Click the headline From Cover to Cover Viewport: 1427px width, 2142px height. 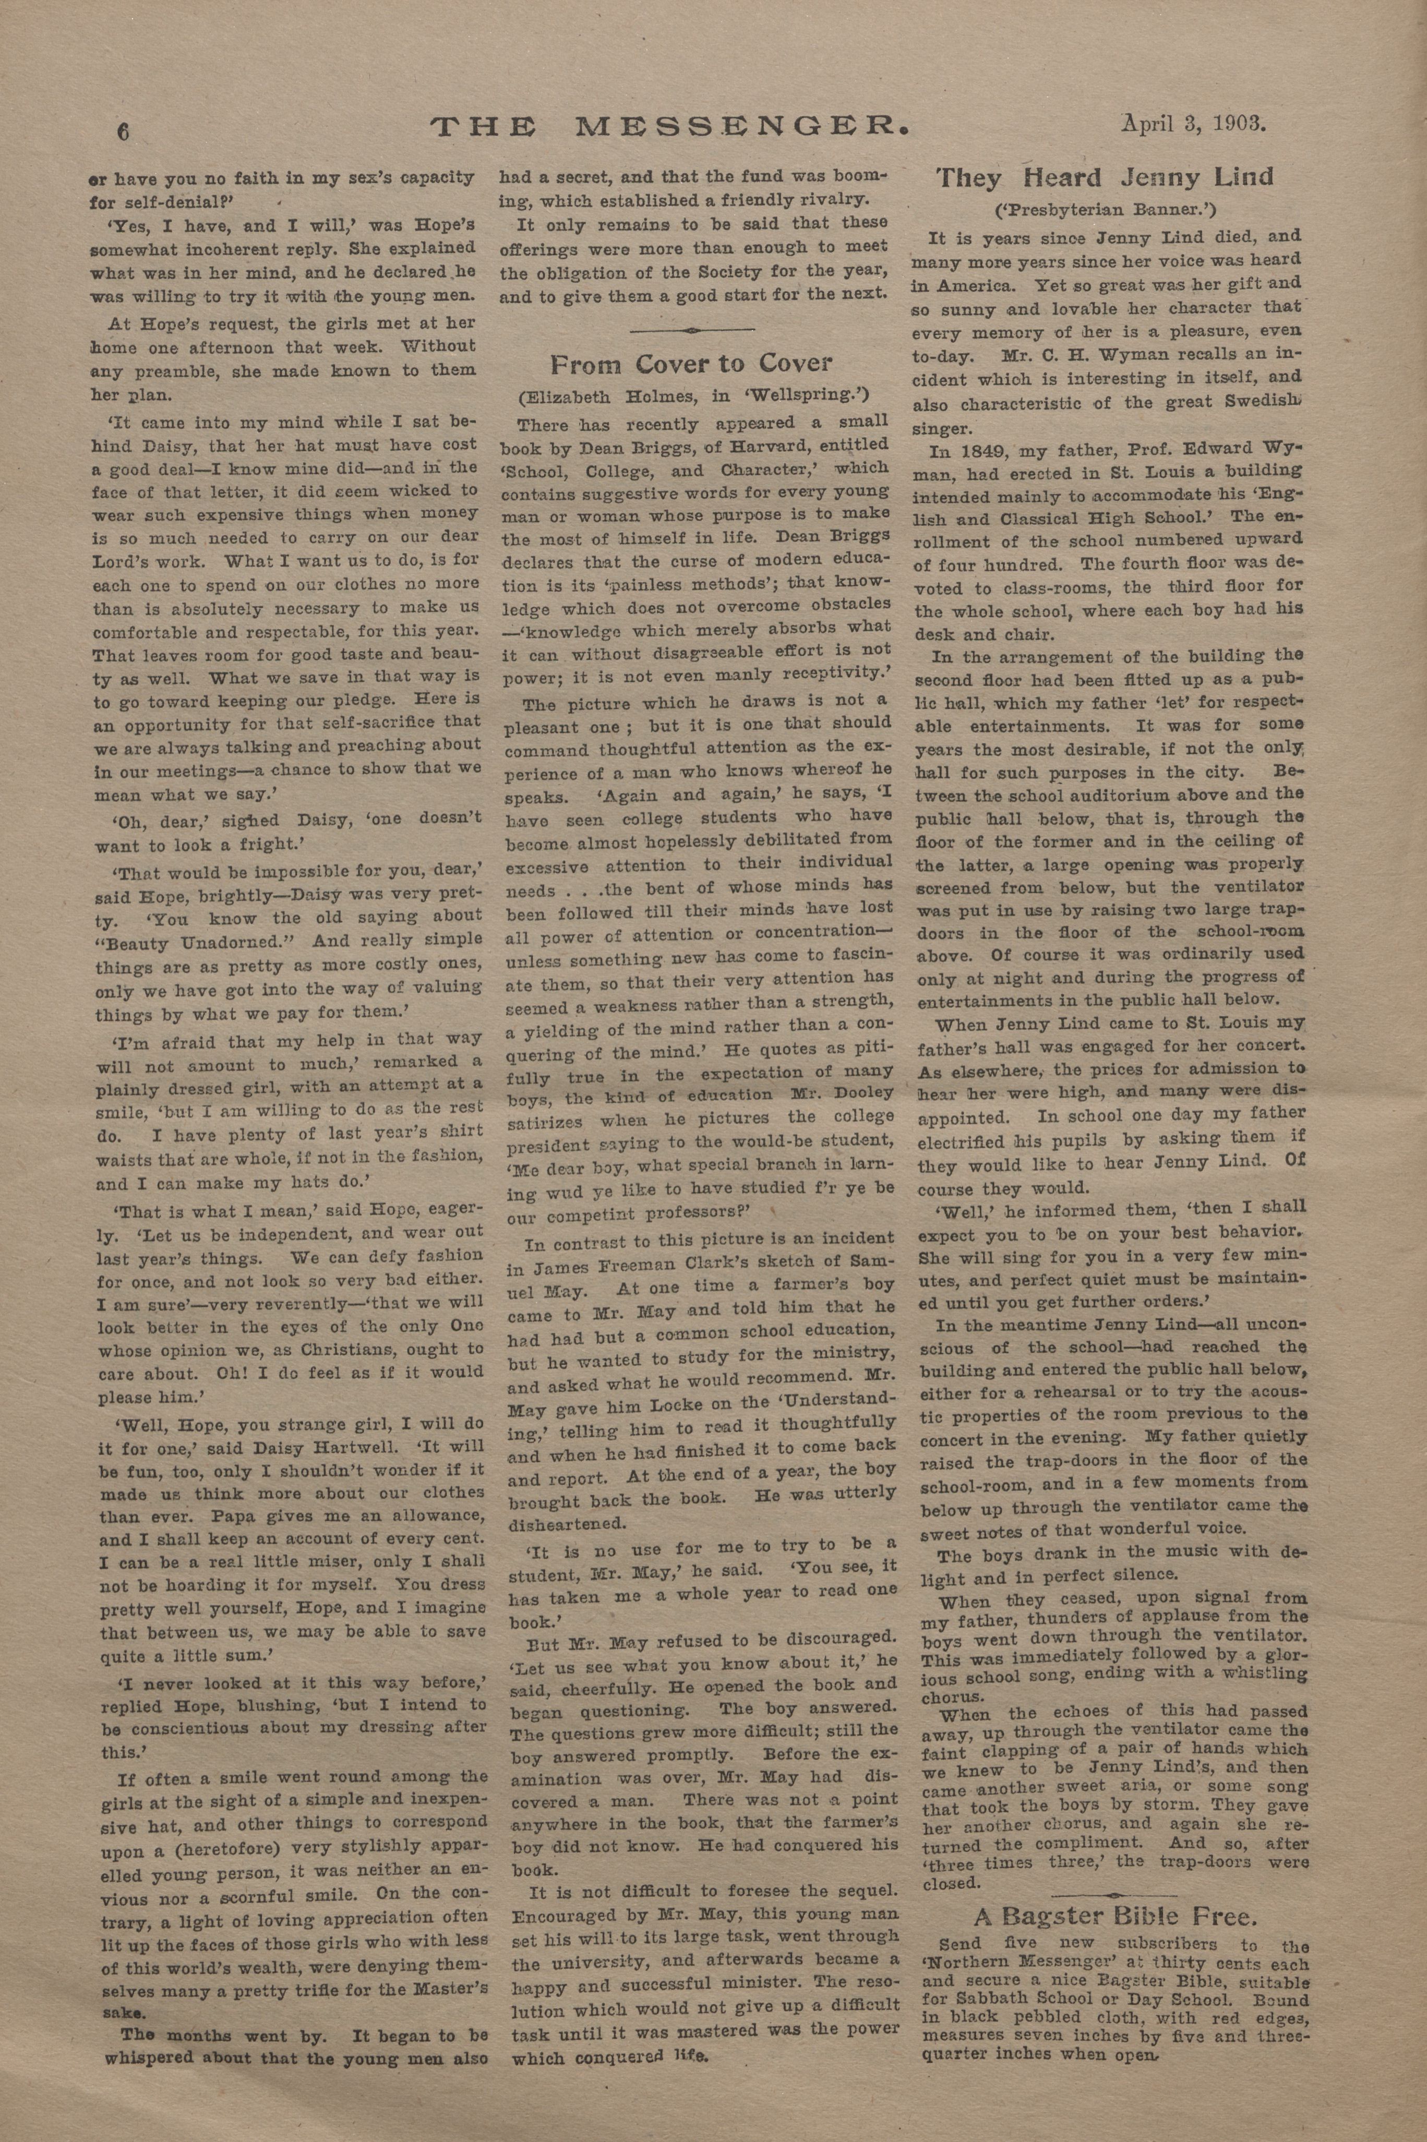691,364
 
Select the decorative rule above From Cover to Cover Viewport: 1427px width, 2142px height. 692,329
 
